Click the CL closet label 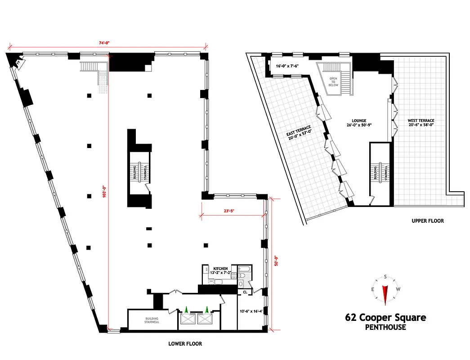245,292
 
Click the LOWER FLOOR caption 185,344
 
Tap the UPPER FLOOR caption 428,221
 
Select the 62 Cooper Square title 385,318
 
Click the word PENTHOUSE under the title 385,327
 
